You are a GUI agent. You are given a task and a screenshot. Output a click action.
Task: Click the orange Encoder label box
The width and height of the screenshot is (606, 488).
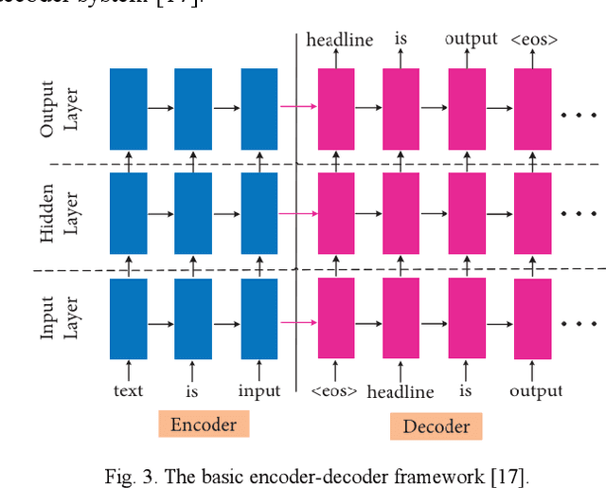tap(203, 424)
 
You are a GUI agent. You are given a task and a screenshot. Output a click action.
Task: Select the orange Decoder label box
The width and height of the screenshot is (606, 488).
tap(436, 426)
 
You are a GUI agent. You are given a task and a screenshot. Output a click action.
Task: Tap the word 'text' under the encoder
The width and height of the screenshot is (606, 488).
tap(128, 389)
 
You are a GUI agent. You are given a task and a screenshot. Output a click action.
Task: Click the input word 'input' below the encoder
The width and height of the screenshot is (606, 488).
tap(258, 390)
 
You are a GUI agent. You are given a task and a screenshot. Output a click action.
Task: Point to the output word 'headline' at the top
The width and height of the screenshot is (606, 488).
tap(340, 40)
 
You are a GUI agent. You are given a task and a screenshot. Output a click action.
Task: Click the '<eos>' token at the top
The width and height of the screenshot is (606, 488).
tap(534, 40)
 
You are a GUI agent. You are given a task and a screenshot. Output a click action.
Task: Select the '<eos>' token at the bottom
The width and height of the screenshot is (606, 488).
tap(334, 390)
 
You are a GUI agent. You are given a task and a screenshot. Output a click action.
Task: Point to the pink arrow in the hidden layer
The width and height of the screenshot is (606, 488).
tap(297, 213)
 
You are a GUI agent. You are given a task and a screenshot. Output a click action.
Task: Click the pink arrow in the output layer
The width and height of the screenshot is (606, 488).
tap(297, 107)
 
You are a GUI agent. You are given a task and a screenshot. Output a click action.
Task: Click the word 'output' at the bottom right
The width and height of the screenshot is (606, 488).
tap(536, 390)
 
